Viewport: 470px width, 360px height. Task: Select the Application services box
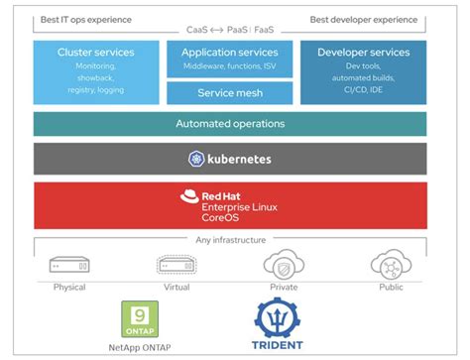tap(230, 59)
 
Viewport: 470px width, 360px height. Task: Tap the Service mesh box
tap(230, 93)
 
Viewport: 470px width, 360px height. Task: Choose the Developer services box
tap(364, 71)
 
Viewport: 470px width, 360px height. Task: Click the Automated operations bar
tap(230, 124)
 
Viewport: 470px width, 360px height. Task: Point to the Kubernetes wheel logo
tap(196, 159)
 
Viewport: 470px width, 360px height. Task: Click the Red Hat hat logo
tap(190, 197)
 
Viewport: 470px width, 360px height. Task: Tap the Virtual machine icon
tap(176, 265)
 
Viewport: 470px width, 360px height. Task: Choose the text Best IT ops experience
tap(86, 19)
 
